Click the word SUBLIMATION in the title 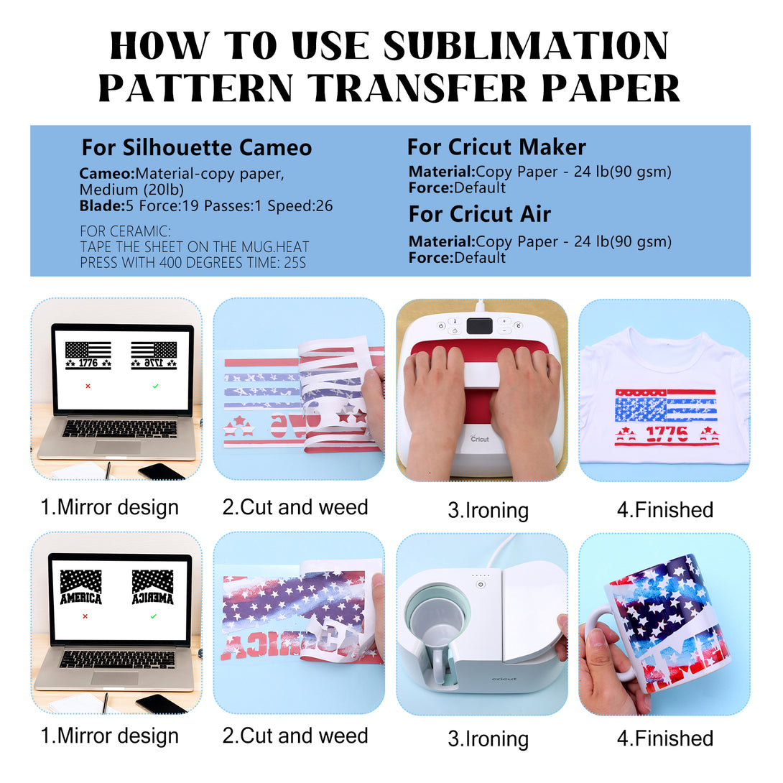point(526,46)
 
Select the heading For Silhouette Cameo point(197,148)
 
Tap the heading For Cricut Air point(479,214)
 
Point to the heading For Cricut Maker point(496,147)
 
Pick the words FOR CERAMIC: point(125,231)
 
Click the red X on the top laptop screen point(88,386)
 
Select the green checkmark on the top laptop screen point(156,386)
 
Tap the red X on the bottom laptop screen point(85,616)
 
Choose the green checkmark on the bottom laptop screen point(153,616)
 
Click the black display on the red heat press point(479,326)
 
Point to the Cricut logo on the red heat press point(479,438)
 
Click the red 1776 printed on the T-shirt point(667,433)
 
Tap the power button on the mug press point(481,584)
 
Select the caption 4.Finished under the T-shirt point(665,510)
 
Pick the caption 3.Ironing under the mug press point(488,739)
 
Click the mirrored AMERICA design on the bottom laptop point(153,588)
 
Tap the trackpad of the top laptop point(118,448)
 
